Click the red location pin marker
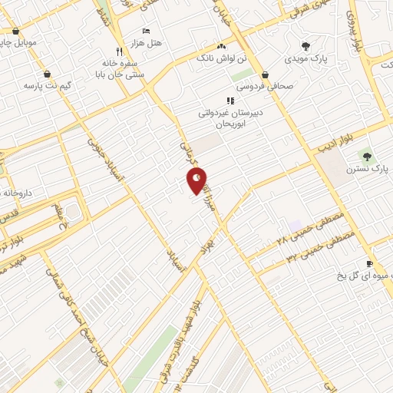197,180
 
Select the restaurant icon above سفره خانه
118,51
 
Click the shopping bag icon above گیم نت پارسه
48,74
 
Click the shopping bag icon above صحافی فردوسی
266,75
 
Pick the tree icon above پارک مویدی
305,46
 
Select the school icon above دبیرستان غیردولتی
230,101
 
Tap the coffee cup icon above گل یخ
371,263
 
